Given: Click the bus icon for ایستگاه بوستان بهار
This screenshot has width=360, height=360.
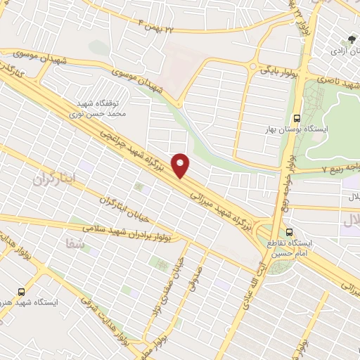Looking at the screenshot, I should (x=297, y=118).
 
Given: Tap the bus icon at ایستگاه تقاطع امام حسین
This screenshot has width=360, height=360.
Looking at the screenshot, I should (x=290, y=232).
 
